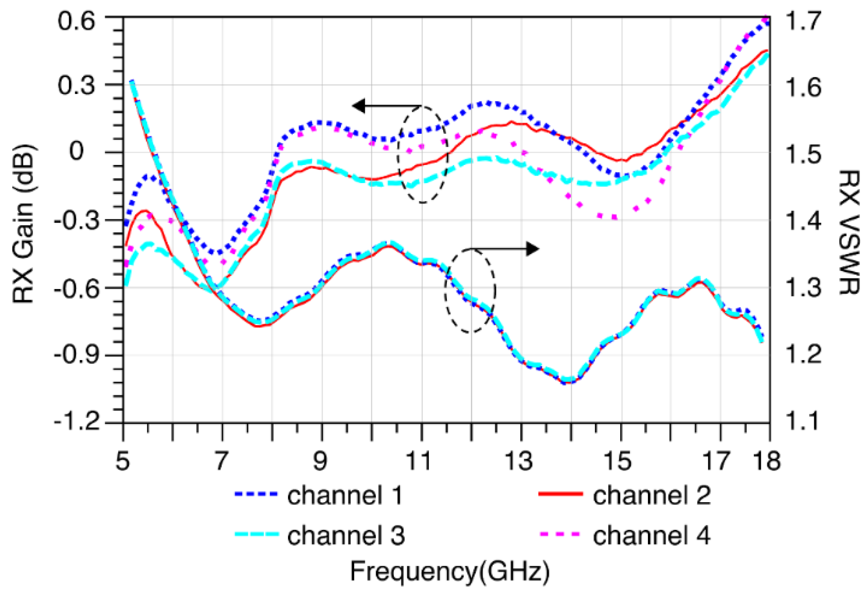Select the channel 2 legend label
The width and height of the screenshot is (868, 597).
(x=651, y=495)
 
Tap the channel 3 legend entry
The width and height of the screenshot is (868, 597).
(x=346, y=536)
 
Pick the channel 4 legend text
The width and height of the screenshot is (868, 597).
(x=651, y=536)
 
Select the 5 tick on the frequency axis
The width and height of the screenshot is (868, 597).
(x=123, y=461)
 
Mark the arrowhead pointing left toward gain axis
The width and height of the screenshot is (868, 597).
(x=359, y=106)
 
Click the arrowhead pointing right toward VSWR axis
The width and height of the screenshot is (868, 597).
(x=533, y=249)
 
